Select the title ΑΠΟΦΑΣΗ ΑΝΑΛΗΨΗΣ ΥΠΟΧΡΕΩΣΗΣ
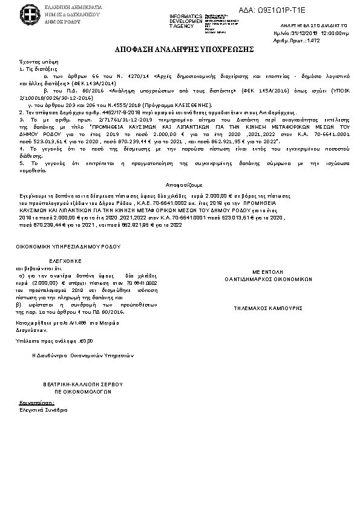pyautogui.click(x=180, y=49)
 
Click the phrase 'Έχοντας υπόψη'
pyautogui.click(x=33, y=62)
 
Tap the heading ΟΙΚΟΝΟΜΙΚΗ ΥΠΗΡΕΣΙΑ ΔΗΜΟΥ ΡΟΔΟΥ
pyautogui.click(x=68, y=247)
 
